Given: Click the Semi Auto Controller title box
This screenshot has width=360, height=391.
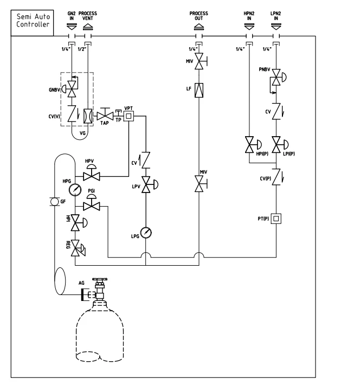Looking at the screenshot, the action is (x=32, y=23).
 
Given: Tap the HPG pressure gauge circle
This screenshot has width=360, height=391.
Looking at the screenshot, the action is (x=75, y=190).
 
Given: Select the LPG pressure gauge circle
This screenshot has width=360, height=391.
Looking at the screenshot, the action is (x=146, y=233).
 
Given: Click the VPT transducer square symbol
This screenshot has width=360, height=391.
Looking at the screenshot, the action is (x=128, y=116).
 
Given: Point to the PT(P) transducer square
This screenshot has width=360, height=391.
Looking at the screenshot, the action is (x=276, y=219).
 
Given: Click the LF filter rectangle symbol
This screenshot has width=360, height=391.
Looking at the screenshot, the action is (x=199, y=90).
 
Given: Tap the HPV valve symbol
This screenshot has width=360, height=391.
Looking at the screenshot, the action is (x=92, y=172).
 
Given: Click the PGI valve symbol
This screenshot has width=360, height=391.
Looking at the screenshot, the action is (x=92, y=202).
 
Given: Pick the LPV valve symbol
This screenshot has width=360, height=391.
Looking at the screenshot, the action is (x=150, y=184).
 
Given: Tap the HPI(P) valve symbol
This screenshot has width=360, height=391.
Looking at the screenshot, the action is (x=253, y=144).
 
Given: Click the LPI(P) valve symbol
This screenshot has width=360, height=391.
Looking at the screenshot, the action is (x=280, y=144).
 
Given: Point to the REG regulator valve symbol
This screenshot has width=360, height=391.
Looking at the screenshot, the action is (x=78, y=248).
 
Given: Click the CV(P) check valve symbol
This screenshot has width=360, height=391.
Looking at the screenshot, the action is (x=277, y=177).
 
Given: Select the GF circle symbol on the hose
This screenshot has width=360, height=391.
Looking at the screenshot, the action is (x=55, y=202).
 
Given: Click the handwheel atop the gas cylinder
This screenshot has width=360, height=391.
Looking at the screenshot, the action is (x=100, y=279).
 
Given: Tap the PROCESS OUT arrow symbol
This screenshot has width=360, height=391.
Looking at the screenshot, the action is (x=198, y=27).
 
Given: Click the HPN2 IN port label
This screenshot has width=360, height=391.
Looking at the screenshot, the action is (x=249, y=16).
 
